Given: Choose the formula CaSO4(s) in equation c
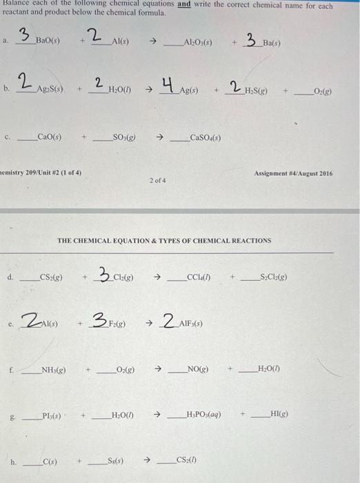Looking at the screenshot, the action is [x=205, y=138].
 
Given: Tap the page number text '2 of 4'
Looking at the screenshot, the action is [x=157, y=180].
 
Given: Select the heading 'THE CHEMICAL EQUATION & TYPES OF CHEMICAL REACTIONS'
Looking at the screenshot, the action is [x=164, y=241].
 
